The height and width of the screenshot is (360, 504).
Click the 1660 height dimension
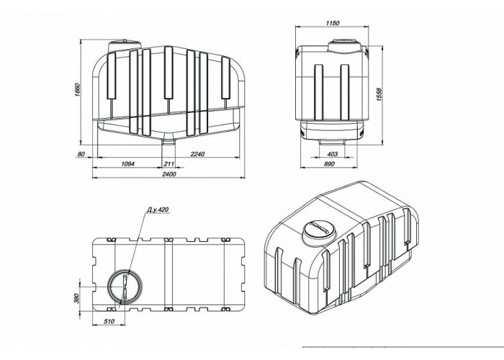pos(76,91)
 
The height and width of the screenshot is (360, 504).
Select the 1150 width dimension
pos(333,23)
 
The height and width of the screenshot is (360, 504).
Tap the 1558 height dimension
pos(379,94)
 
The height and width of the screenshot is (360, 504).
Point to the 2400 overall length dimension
pos(169,174)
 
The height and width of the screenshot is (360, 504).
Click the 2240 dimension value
pos(197,154)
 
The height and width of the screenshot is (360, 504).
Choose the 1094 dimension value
pos(127,164)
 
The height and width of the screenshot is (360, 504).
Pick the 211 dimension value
pos(169,164)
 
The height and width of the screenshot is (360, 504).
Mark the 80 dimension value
pos(81,154)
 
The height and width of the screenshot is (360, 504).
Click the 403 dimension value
pos(332,154)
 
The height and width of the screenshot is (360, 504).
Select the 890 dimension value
pos(329,164)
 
